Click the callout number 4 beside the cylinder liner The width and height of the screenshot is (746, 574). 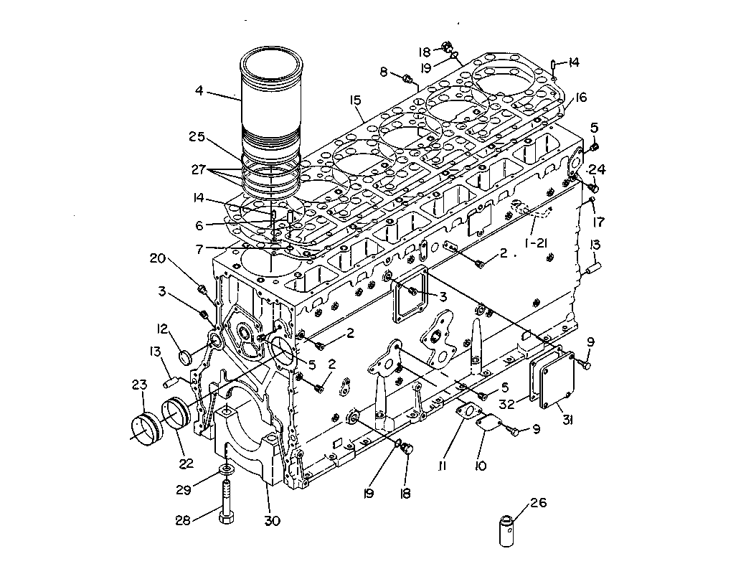(199, 90)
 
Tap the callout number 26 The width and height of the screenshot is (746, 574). (538, 502)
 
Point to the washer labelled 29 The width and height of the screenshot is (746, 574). (227, 470)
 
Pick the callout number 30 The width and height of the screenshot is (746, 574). (272, 521)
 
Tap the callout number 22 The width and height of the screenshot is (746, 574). (186, 463)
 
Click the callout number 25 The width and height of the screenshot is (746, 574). (197, 136)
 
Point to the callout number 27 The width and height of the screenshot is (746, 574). (199, 169)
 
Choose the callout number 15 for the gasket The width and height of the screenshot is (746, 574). (355, 100)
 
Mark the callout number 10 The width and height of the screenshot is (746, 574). (481, 466)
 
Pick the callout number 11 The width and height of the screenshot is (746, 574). (442, 466)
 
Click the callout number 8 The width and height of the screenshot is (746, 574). (384, 72)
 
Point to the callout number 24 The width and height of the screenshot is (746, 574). (598, 169)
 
